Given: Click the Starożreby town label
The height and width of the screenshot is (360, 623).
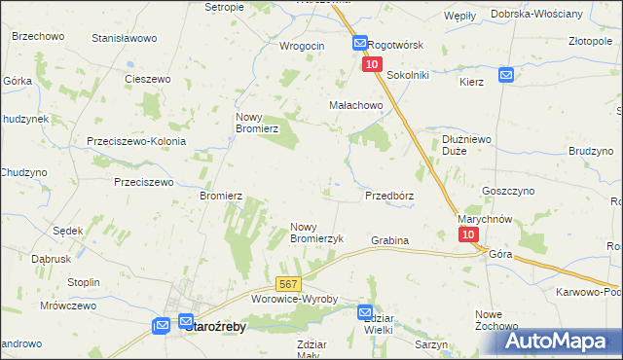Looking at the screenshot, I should [215, 328].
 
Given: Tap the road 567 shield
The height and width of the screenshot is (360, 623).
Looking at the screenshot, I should [287, 284].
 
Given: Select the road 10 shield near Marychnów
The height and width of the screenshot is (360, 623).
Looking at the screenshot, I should [468, 235].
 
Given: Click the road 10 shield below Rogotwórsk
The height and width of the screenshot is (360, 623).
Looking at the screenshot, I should [372, 64].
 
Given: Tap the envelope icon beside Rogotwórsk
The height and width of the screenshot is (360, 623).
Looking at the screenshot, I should [359, 45].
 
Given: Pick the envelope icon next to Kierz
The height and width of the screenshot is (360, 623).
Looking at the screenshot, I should [506, 75].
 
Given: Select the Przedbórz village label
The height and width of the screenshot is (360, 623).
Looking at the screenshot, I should [389, 196].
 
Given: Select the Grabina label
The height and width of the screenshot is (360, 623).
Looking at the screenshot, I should [389, 240].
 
